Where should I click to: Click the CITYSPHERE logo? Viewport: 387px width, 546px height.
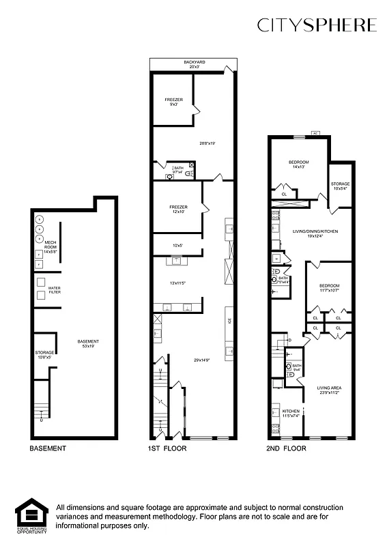[x=316, y=25]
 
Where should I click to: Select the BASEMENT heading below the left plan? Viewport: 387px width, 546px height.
[x=47, y=448]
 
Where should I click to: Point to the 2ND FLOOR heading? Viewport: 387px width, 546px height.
[x=287, y=448]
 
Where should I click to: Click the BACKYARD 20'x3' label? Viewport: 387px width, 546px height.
[x=194, y=64]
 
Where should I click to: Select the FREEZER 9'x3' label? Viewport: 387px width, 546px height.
[x=173, y=102]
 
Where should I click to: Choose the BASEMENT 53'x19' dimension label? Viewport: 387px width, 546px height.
[x=88, y=343]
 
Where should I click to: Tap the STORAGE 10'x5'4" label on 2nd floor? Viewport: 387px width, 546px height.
[x=340, y=186]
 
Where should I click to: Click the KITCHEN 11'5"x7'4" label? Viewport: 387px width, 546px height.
[x=292, y=413]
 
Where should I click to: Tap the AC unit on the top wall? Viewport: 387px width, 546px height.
[x=315, y=133]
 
